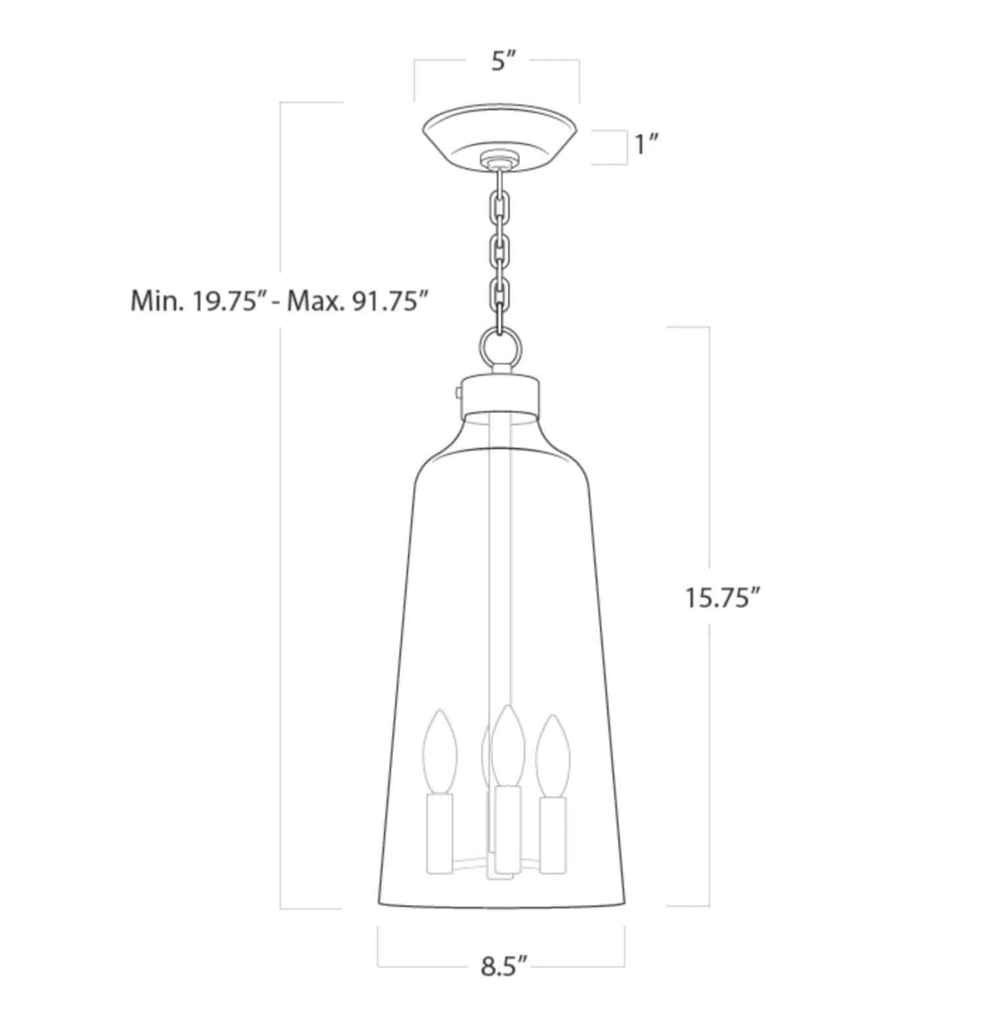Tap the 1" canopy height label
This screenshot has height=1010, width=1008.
(647, 145)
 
